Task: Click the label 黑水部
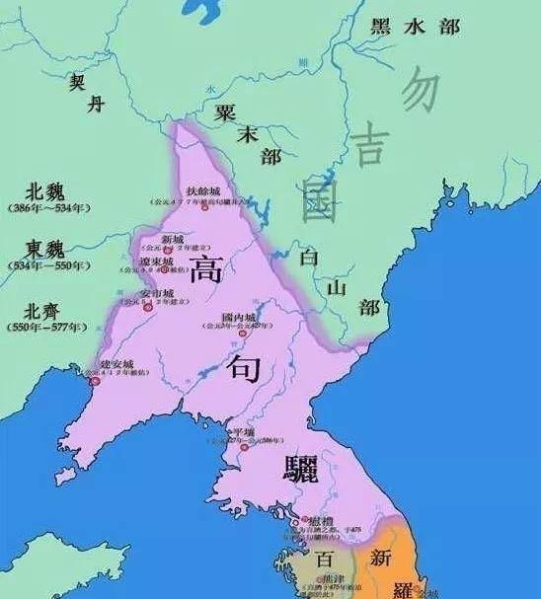point(415,28)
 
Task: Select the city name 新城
point(173,238)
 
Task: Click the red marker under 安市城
point(149,308)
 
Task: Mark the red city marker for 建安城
point(95,381)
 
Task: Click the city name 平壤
point(242,432)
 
